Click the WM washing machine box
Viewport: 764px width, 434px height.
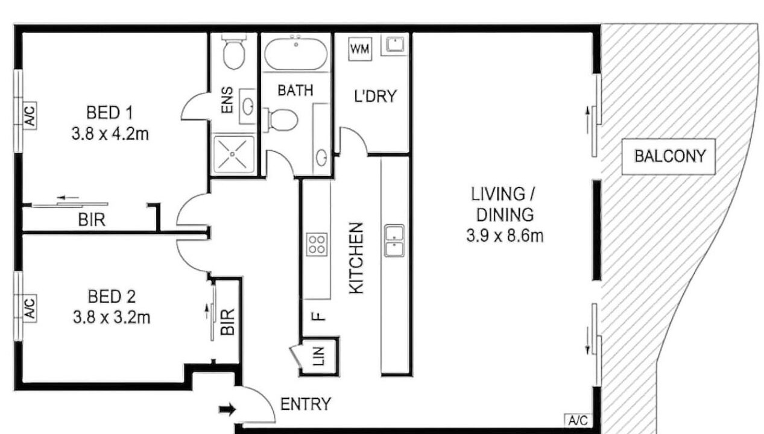click(x=360, y=49)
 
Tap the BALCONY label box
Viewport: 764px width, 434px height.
click(x=669, y=157)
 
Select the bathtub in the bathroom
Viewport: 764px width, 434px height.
click(x=295, y=54)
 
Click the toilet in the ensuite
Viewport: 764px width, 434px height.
click(x=234, y=52)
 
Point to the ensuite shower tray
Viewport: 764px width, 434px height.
click(x=233, y=154)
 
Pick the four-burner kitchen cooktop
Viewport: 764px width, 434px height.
click(x=317, y=245)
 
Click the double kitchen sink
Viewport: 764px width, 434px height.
click(x=394, y=241)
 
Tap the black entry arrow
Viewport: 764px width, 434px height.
click(x=227, y=409)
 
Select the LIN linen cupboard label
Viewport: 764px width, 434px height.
click(x=318, y=356)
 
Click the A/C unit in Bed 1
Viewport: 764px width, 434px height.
click(x=30, y=116)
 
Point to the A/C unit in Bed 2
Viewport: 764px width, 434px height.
click(x=30, y=309)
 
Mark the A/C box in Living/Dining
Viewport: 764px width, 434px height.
click(x=578, y=420)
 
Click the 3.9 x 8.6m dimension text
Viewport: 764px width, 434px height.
click(x=505, y=236)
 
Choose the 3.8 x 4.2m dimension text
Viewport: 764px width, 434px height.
click(x=110, y=134)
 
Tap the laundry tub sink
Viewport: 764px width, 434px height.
click(x=394, y=45)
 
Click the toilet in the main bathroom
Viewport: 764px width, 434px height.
click(x=281, y=120)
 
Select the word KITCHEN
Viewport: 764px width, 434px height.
click(x=356, y=258)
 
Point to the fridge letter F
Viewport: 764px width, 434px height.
click(x=318, y=316)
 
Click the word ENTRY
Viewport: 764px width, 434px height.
click(x=306, y=404)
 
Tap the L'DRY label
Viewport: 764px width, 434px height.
click(x=375, y=96)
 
